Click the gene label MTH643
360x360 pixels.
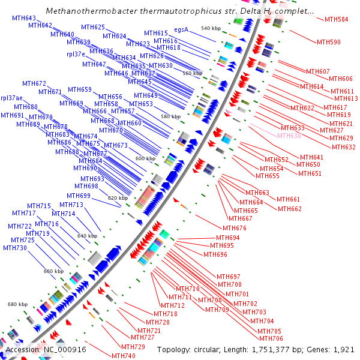tap(24, 19)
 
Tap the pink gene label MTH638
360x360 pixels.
tap(289, 136)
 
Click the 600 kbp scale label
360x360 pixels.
tap(145, 158)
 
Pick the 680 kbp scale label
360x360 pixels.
tap(17, 304)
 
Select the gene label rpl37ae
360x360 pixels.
tap(12, 98)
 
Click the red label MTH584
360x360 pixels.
tap(336, 20)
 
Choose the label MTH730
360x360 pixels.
tap(15, 248)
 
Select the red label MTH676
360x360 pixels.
tap(235, 228)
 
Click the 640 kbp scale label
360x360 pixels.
tap(88, 236)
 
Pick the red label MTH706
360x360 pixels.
tap(271, 338)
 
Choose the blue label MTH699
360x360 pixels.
tap(79, 196)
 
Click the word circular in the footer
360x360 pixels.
tap(212, 349)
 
